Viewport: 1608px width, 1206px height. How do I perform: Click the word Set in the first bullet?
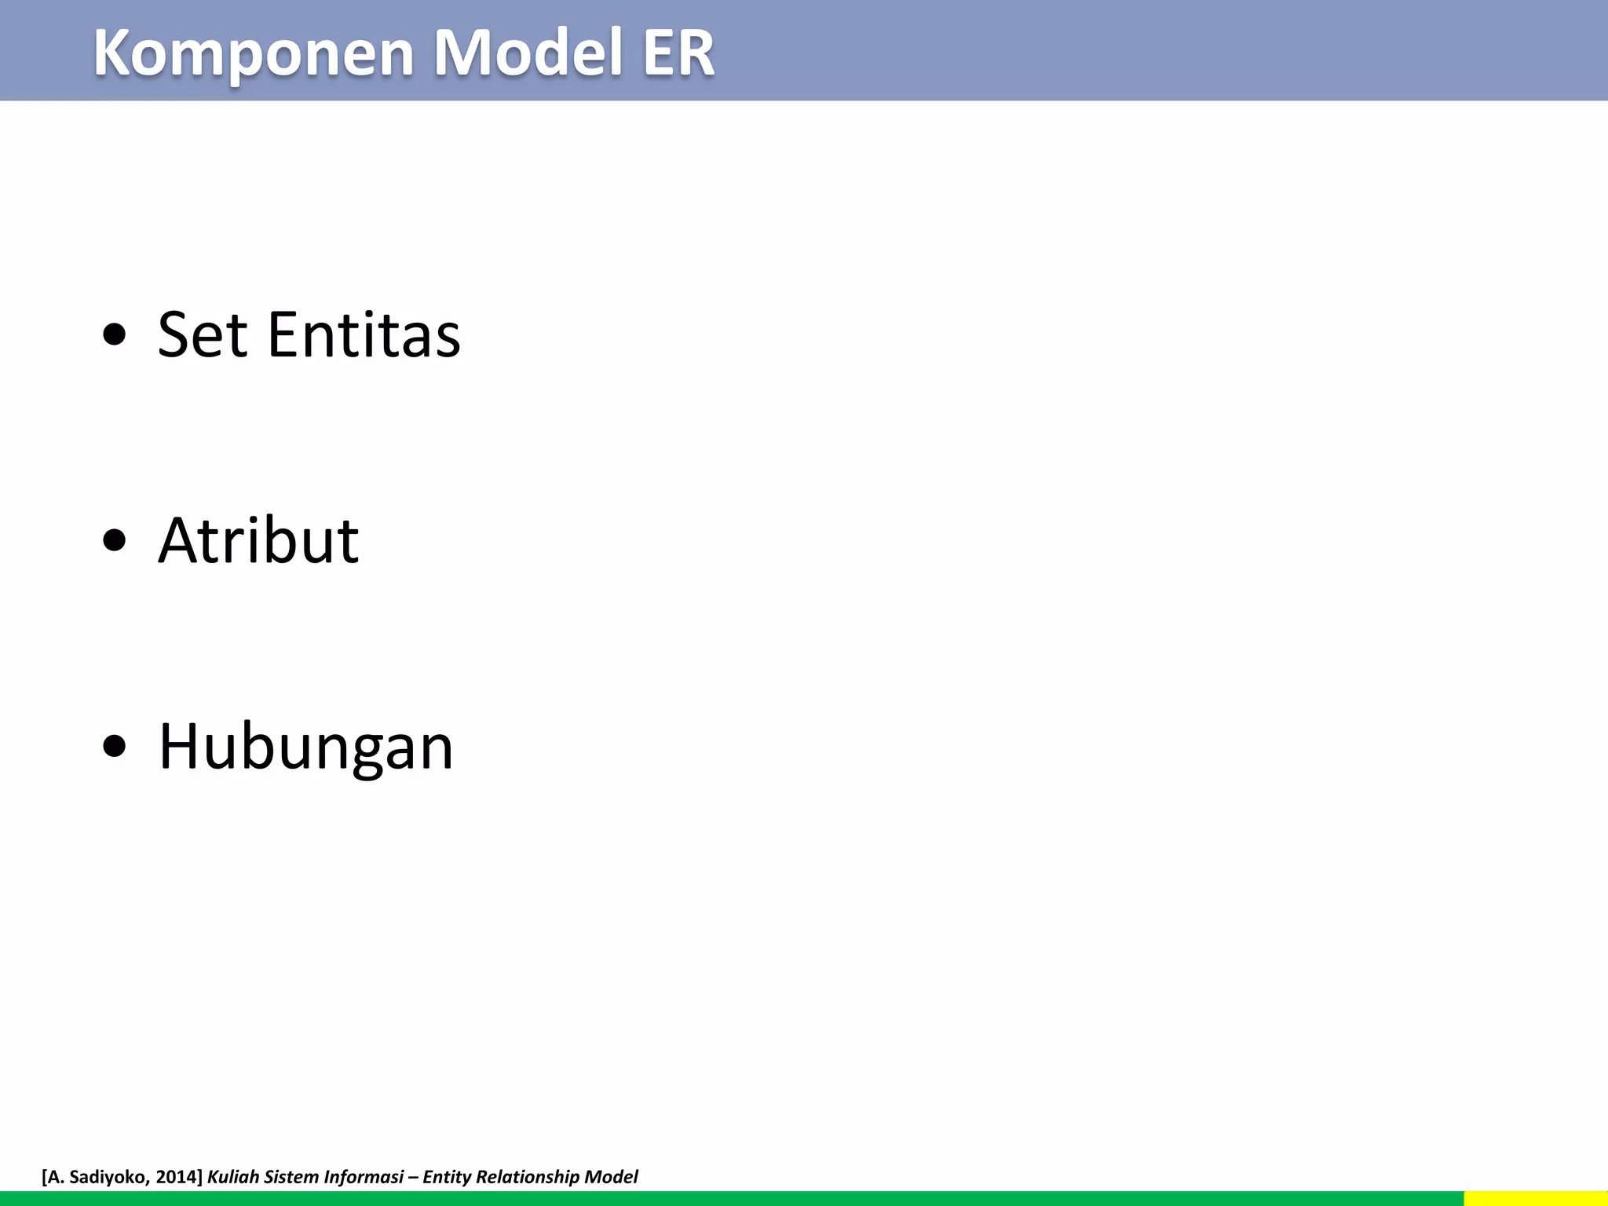(x=203, y=335)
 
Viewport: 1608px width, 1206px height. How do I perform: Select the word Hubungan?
(x=305, y=747)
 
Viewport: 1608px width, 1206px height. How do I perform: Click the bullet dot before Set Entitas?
(x=114, y=335)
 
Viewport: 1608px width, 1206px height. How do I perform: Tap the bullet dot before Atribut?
(x=114, y=541)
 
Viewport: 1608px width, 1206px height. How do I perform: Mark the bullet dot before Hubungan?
(x=114, y=747)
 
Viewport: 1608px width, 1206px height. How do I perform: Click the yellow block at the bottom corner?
(x=1535, y=1198)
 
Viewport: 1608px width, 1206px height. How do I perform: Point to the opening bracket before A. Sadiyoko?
(x=44, y=1176)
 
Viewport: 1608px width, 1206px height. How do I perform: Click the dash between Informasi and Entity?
(x=413, y=1176)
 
